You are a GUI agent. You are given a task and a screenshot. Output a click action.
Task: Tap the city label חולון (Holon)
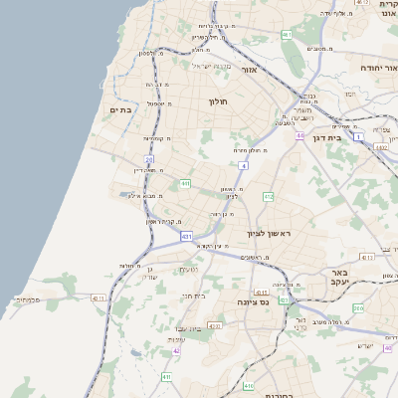click(219, 101)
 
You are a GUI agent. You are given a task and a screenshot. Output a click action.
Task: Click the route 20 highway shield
click(149, 159)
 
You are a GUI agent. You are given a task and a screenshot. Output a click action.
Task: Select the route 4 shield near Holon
click(243, 165)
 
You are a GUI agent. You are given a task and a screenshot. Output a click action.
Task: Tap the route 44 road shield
click(299, 135)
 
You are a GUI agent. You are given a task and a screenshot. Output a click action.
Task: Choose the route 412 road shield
click(268, 197)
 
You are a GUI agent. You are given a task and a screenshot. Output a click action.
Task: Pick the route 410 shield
click(249, 385)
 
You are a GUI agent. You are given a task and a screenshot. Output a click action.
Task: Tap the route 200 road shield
click(358, 308)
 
